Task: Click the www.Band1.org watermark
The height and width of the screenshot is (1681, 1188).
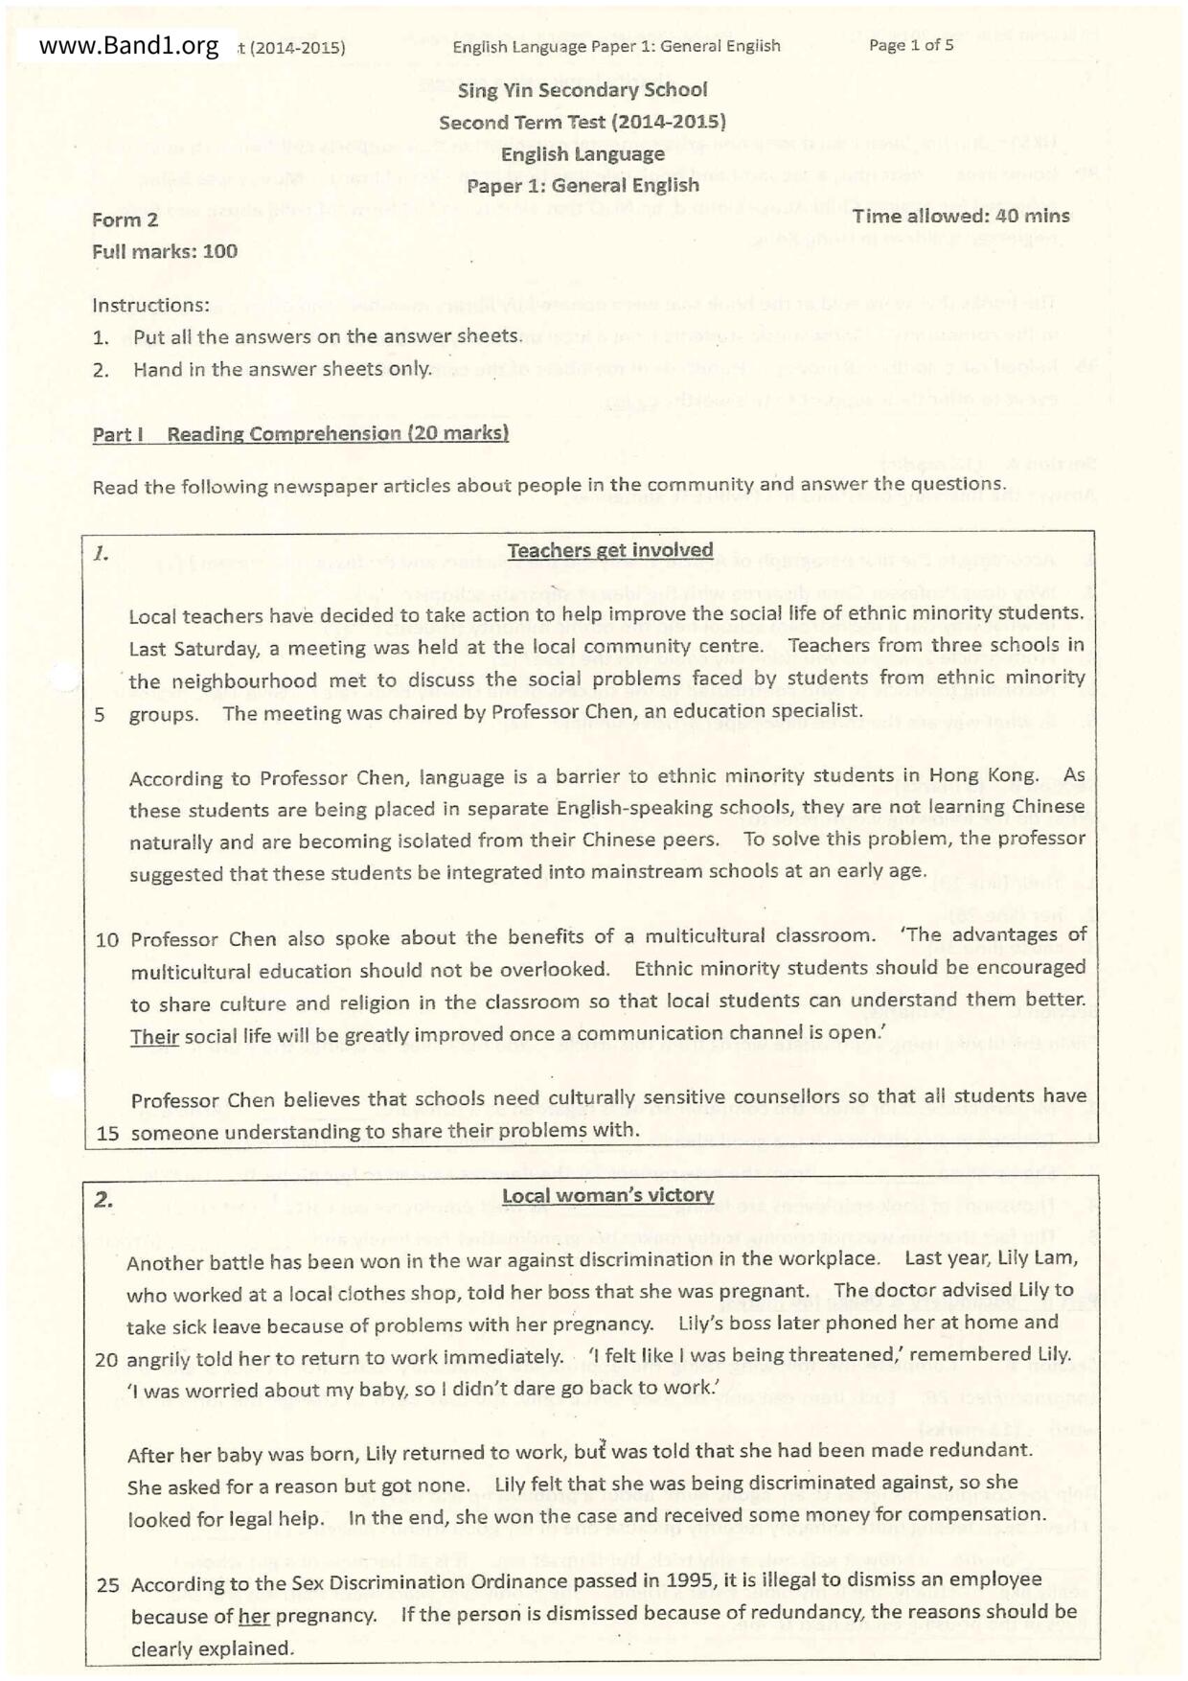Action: [x=128, y=46]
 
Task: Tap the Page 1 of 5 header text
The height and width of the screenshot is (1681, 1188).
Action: [x=910, y=45]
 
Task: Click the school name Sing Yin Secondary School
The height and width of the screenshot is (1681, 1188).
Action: [x=583, y=90]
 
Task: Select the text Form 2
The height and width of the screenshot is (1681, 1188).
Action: [x=126, y=219]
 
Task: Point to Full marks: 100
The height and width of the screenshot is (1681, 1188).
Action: [x=165, y=251]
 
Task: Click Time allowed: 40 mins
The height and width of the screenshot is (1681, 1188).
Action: [x=961, y=217]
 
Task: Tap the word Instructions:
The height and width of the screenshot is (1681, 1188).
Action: [x=150, y=305]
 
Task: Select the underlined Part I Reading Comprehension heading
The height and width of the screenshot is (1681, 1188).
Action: [x=300, y=434]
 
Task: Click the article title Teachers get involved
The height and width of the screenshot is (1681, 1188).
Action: [x=610, y=550]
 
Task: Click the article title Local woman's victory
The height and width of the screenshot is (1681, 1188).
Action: [x=607, y=1195]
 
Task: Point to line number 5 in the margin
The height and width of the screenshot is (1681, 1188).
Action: [x=100, y=714]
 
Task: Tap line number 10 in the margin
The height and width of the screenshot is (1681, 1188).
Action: [x=107, y=939]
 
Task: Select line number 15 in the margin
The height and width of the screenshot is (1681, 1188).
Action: [x=107, y=1133]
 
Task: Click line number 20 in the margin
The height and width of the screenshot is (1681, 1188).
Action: [x=107, y=1359]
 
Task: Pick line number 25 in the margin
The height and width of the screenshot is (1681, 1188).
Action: [x=107, y=1584]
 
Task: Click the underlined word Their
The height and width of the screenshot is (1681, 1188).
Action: [x=155, y=1036]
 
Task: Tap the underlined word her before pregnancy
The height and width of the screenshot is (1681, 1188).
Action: [x=254, y=1616]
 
